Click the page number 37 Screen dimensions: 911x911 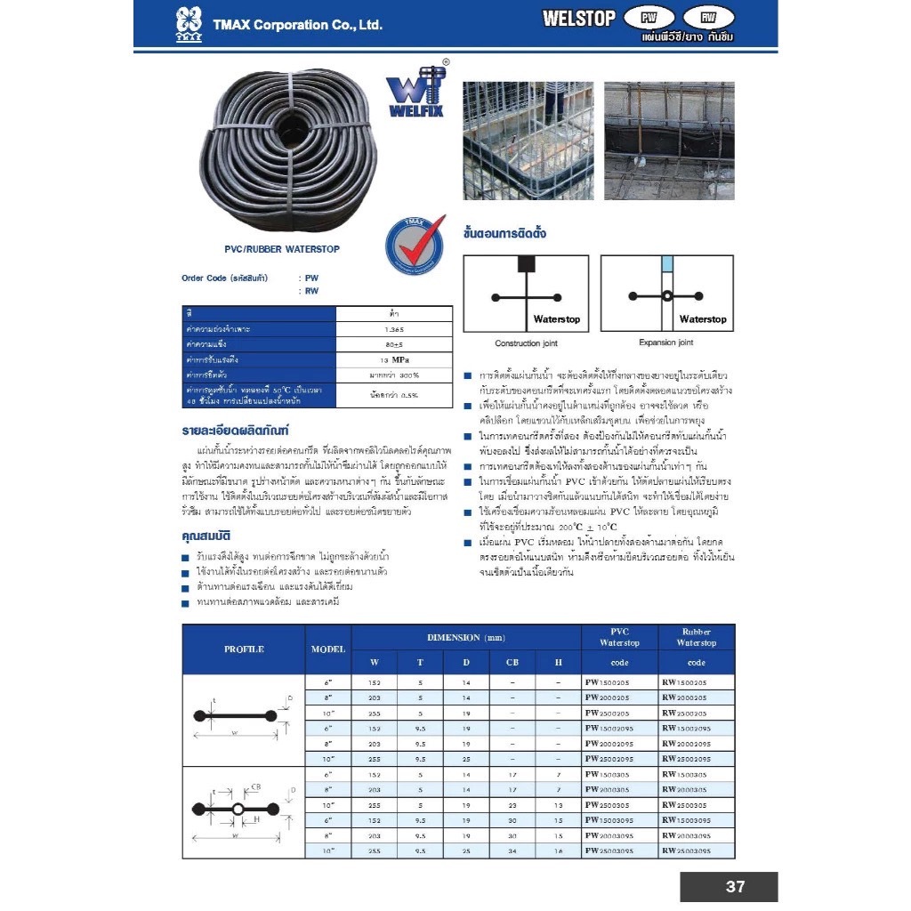[x=735, y=886]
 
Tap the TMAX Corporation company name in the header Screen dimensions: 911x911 [x=297, y=25]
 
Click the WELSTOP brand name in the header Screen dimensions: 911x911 [x=578, y=18]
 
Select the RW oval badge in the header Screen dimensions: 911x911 [x=708, y=17]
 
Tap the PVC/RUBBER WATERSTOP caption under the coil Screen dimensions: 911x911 [x=282, y=250]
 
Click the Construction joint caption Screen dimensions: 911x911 [x=526, y=343]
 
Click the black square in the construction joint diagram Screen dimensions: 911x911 [x=526, y=263]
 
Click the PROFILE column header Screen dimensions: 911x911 [x=244, y=649]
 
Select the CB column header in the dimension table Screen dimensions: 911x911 [x=512, y=662]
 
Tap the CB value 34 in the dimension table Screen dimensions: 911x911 [x=512, y=851]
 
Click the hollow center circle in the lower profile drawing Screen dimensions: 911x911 [x=238, y=809]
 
